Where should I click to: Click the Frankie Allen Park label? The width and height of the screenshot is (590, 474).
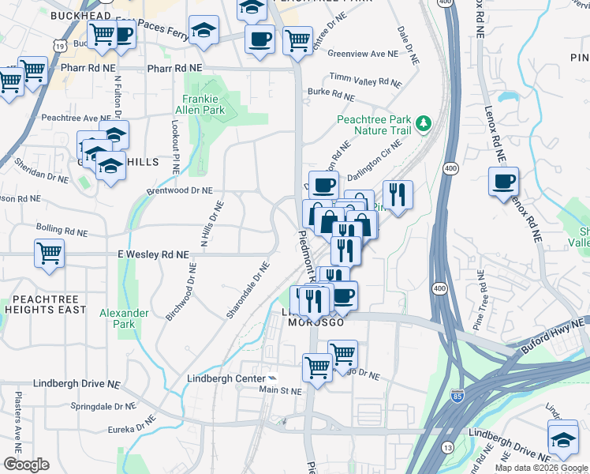(x=204, y=104)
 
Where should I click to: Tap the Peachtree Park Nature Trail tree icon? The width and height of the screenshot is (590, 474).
(x=424, y=122)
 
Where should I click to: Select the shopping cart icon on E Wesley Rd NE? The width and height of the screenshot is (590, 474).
(x=49, y=254)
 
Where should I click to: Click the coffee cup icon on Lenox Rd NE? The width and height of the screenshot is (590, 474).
(x=502, y=182)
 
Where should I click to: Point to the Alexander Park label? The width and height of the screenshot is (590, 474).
(x=124, y=318)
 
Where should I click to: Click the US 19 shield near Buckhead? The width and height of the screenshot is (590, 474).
(x=60, y=46)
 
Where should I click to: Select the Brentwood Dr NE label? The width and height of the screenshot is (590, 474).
(x=179, y=190)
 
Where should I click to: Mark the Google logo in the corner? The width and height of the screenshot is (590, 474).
(x=26, y=464)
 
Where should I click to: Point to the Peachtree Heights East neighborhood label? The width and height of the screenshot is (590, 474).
(x=43, y=304)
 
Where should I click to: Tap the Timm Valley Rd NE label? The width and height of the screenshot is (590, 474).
(x=365, y=81)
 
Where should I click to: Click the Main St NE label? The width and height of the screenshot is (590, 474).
(x=281, y=390)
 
